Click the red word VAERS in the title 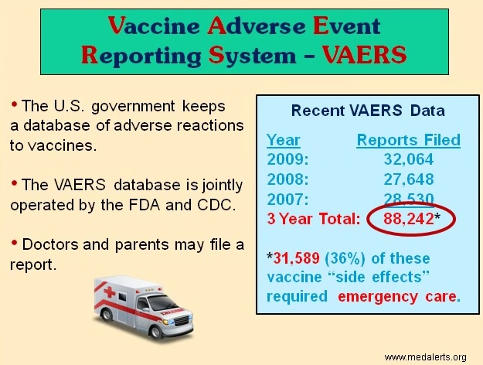(365, 55)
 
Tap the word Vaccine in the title (154, 26)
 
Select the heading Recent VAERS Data (368, 111)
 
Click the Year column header (283, 140)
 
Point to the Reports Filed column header (409, 140)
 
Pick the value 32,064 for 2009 (409, 159)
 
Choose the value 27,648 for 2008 (409, 179)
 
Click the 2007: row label (287, 199)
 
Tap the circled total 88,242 (409, 219)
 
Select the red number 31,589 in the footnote (296, 258)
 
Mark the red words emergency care (399, 297)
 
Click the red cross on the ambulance (110, 292)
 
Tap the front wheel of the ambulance (155, 332)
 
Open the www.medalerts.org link (425, 357)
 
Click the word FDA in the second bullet (145, 205)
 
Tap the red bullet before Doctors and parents (14, 244)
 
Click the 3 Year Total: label (314, 219)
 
